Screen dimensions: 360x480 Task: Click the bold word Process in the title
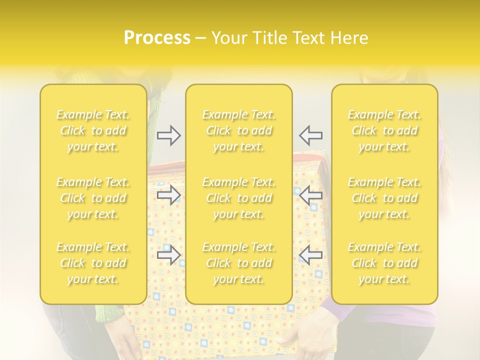(157, 38)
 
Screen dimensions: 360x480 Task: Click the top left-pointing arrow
(310, 135)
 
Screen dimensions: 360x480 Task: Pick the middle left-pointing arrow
(310, 195)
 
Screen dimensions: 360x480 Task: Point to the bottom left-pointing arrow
(310, 255)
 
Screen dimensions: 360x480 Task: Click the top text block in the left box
(93, 130)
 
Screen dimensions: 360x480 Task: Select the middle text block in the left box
(93, 198)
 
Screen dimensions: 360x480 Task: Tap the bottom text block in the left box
(93, 263)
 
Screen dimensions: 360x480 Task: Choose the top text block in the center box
(239, 130)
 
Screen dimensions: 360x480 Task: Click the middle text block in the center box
(239, 198)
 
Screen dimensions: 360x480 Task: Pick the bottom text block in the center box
(239, 263)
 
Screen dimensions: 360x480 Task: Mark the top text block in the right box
(384, 130)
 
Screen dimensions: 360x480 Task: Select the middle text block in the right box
(384, 198)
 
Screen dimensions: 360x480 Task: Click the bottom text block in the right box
(384, 263)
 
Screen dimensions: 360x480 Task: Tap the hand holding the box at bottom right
(305, 337)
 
